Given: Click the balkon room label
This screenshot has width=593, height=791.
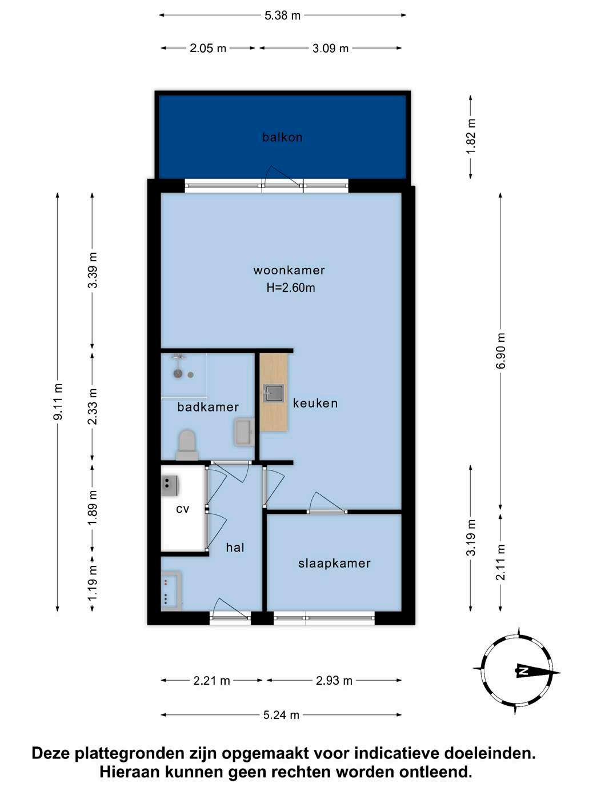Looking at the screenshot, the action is point(282,137).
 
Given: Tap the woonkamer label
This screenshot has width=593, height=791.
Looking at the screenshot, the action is point(289,270).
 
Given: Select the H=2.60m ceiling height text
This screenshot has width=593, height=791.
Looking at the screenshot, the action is point(291,287).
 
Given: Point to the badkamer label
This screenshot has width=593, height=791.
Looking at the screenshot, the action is point(208,407).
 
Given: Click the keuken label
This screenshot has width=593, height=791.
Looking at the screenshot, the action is point(315,404).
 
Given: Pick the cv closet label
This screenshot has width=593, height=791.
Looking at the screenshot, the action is point(183,510).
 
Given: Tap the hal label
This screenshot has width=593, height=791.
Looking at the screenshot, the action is point(235,548).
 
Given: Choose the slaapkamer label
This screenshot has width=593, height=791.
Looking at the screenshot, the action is point(334,564).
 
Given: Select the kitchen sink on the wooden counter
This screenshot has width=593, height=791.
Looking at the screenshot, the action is point(273,393).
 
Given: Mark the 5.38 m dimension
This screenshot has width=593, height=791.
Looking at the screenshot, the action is point(283,15).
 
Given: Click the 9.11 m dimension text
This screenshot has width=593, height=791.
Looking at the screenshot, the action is point(58,402).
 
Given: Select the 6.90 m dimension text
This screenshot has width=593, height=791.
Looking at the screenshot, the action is point(501,350).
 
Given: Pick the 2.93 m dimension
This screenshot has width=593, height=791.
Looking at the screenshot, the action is point(334,681).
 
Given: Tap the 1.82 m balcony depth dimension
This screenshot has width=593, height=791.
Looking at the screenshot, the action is point(471,137).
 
